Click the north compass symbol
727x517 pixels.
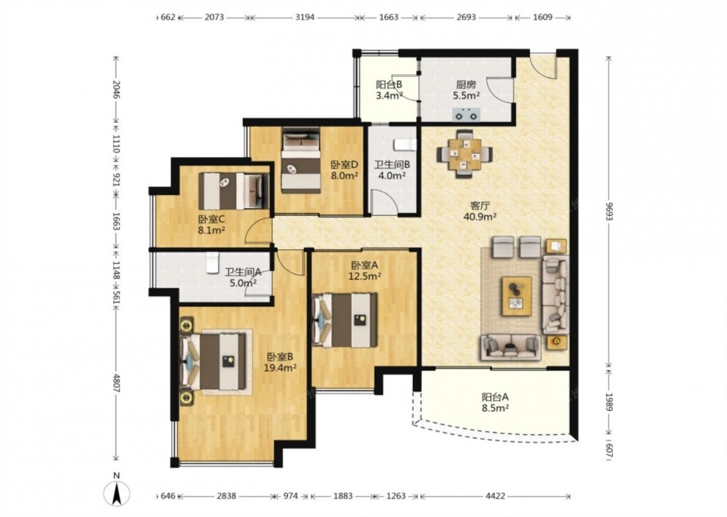coord(117,492)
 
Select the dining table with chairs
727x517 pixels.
coord(465,153)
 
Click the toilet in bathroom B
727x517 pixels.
coord(405,145)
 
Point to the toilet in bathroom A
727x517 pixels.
coord(212,262)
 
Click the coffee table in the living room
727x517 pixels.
coord(516,296)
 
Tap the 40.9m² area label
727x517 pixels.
coord(481,216)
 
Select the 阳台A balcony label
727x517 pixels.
coord(495,397)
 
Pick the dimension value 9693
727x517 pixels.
coord(609,211)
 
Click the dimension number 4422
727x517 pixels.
coord(495,496)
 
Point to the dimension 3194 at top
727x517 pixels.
coord(305,17)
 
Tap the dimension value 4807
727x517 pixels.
coord(116,382)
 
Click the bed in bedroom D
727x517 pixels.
coord(302,161)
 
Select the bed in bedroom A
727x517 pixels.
coord(345,321)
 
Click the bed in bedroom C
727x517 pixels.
coord(233,191)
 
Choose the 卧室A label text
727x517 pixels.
coord(365,265)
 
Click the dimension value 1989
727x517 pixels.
coord(609,402)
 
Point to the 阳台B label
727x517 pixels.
coord(388,85)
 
